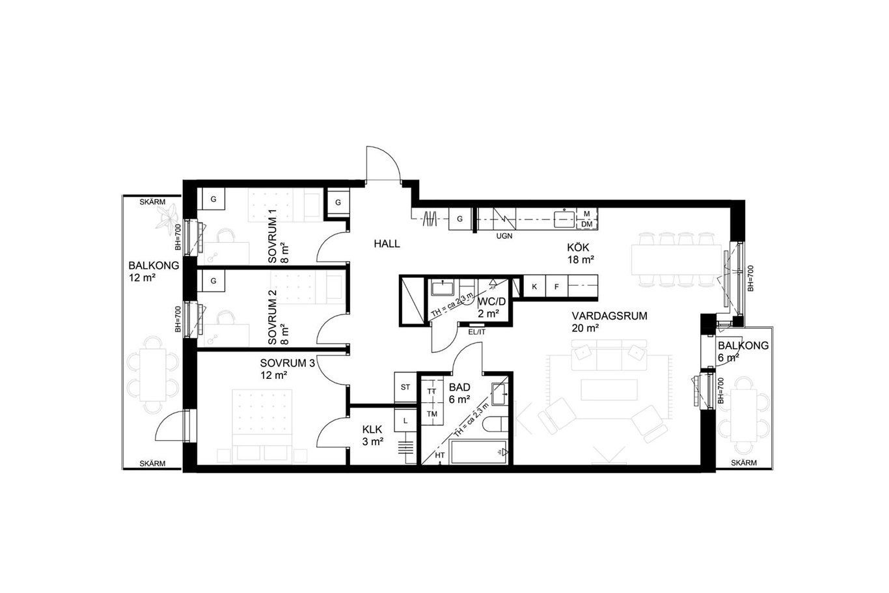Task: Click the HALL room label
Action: [x=387, y=243]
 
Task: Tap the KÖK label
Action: [x=578, y=247]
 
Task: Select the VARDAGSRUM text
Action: [x=609, y=316]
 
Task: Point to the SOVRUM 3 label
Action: [x=288, y=363]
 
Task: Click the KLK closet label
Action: [x=372, y=429]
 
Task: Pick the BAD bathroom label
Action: [x=459, y=387]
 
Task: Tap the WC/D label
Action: [x=492, y=301]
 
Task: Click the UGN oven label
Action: [x=504, y=236]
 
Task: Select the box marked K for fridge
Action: [x=534, y=286]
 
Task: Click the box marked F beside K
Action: [x=556, y=286]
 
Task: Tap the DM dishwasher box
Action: [x=586, y=225]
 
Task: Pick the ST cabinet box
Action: [x=405, y=387]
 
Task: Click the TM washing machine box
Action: [x=431, y=413]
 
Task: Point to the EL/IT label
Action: [x=476, y=332]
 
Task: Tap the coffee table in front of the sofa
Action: [x=609, y=390]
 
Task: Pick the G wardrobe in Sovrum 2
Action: [x=213, y=281]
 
